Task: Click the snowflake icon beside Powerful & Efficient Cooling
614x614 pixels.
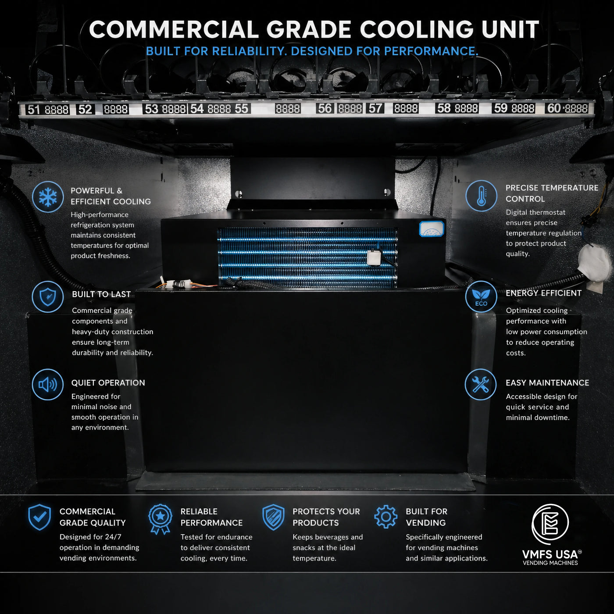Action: coord(48,196)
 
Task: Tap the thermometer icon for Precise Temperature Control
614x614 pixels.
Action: coord(481,196)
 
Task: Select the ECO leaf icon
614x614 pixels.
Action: coord(481,296)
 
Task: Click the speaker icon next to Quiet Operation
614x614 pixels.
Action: coord(48,384)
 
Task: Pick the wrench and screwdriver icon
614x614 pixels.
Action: coord(481,384)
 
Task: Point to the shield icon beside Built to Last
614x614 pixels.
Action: coord(48,296)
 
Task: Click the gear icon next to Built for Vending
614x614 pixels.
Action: coord(386,517)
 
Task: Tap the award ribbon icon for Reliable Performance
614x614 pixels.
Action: coord(160,519)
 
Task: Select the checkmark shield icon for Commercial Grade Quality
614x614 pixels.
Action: coord(39,517)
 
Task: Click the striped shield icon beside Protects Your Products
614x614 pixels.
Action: coord(273,517)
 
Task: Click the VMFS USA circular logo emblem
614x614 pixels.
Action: coord(550,524)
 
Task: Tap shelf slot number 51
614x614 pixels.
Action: coord(33,110)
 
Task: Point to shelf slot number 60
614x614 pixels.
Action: coord(554,108)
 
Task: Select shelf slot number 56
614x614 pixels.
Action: coord(325,108)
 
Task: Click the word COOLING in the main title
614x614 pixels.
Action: coord(418,30)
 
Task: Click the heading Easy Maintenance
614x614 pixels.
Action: coord(547,383)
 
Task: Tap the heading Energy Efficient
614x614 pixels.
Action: coord(543,293)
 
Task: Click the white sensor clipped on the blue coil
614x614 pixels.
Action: coord(373,257)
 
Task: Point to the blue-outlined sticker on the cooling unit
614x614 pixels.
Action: coord(432,229)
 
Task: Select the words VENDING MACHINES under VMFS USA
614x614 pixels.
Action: coord(550,563)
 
